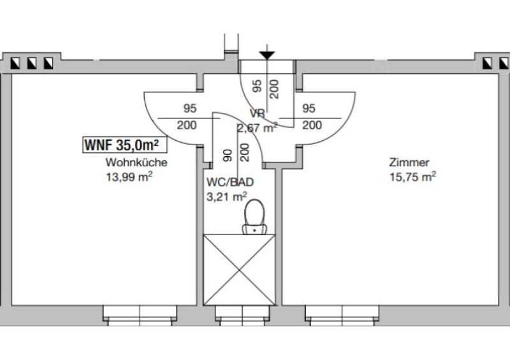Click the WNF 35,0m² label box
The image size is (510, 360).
coord(125,145)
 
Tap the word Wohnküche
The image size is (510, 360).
coord(136,162)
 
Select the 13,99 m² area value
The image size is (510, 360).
coord(129,177)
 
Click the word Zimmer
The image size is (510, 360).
coord(409,162)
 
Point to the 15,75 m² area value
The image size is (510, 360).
coord(412,177)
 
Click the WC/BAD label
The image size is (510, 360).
coord(230,182)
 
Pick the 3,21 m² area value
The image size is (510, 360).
coord(227,197)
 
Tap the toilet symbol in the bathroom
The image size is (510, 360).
coord(254,217)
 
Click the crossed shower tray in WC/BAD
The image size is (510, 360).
coord(240,270)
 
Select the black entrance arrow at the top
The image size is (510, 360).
coord(267,55)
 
